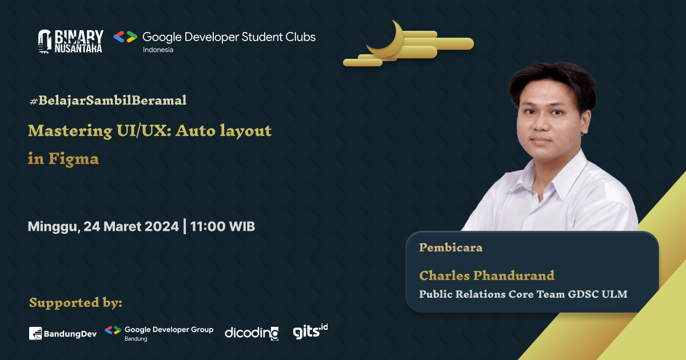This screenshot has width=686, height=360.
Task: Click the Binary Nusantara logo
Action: point(70,41)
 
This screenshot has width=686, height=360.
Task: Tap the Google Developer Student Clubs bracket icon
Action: point(125,37)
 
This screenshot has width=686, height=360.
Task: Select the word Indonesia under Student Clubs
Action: point(158,50)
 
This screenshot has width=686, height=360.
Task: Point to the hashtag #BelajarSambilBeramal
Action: point(107,101)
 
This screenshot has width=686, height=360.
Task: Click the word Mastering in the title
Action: point(62,131)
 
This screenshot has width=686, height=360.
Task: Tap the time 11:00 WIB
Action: point(223,226)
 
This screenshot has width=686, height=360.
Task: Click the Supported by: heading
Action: point(75,302)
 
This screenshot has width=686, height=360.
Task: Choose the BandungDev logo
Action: point(63,333)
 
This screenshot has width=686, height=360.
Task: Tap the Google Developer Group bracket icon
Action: point(113,330)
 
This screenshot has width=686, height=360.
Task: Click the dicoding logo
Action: point(252,333)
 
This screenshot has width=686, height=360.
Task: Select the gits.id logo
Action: point(310,331)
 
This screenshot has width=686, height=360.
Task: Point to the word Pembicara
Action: point(450,247)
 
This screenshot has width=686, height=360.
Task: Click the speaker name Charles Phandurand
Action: point(486,275)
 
